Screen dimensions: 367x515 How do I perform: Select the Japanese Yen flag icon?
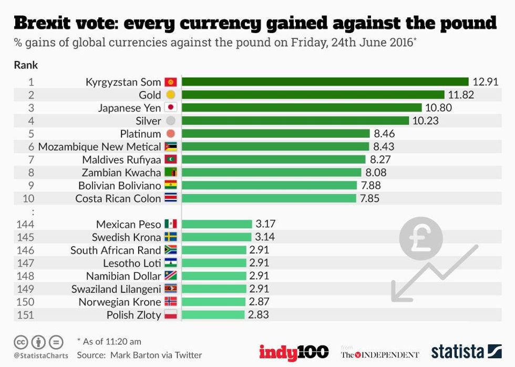pyautogui.click(x=170, y=107)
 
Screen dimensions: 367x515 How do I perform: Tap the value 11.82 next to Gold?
pyautogui.click(x=461, y=95)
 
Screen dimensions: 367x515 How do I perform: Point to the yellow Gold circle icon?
pyautogui.click(x=170, y=95)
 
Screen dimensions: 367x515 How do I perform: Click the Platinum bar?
pyautogui.click(x=275, y=134)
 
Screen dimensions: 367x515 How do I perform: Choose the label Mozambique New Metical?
pyautogui.click(x=99, y=147)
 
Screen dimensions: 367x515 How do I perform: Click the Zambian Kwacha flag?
pyautogui.click(x=171, y=172)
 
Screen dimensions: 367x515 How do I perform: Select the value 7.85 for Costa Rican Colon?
pyautogui.click(x=370, y=198)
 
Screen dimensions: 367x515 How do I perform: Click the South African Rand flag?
pyautogui.click(x=171, y=250)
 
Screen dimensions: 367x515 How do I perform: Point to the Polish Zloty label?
pyautogui.click(x=133, y=314)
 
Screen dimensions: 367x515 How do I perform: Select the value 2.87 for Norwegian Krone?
pyautogui.click(x=259, y=302)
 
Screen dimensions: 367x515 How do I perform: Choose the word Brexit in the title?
pyautogui.click(x=50, y=23)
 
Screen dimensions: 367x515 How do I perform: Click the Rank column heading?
pyautogui.click(x=26, y=65)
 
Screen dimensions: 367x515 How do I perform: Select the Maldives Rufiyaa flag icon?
pyautogui.click(x=171, y=159)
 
